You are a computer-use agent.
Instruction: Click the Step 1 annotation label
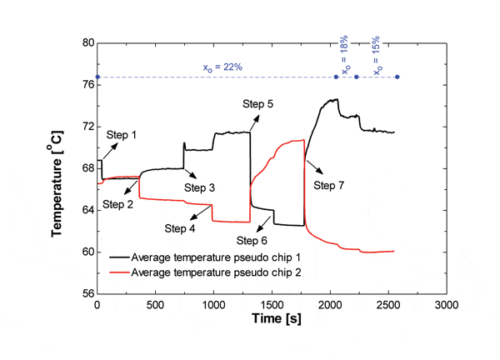[121, 135]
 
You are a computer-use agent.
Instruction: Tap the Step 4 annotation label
[181, 228]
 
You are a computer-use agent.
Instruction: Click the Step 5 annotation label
[258, 103]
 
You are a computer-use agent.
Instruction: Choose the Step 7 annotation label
[330, 185]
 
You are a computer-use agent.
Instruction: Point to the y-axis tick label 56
[84, 294]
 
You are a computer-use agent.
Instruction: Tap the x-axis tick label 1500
[272, 305]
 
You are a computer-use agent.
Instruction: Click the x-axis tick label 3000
[446, 305]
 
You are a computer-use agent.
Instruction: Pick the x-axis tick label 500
[156, 305]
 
